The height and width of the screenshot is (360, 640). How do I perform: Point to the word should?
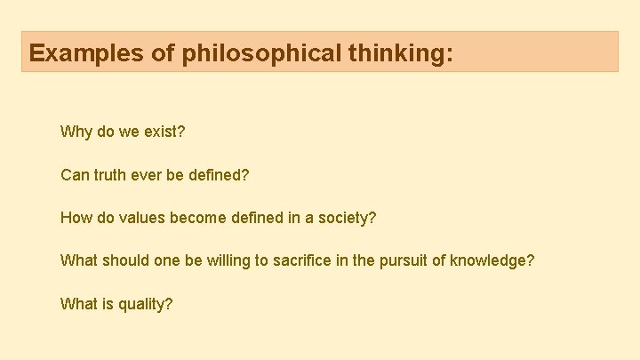[127, 260]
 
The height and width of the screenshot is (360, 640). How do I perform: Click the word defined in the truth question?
[218, 175]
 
